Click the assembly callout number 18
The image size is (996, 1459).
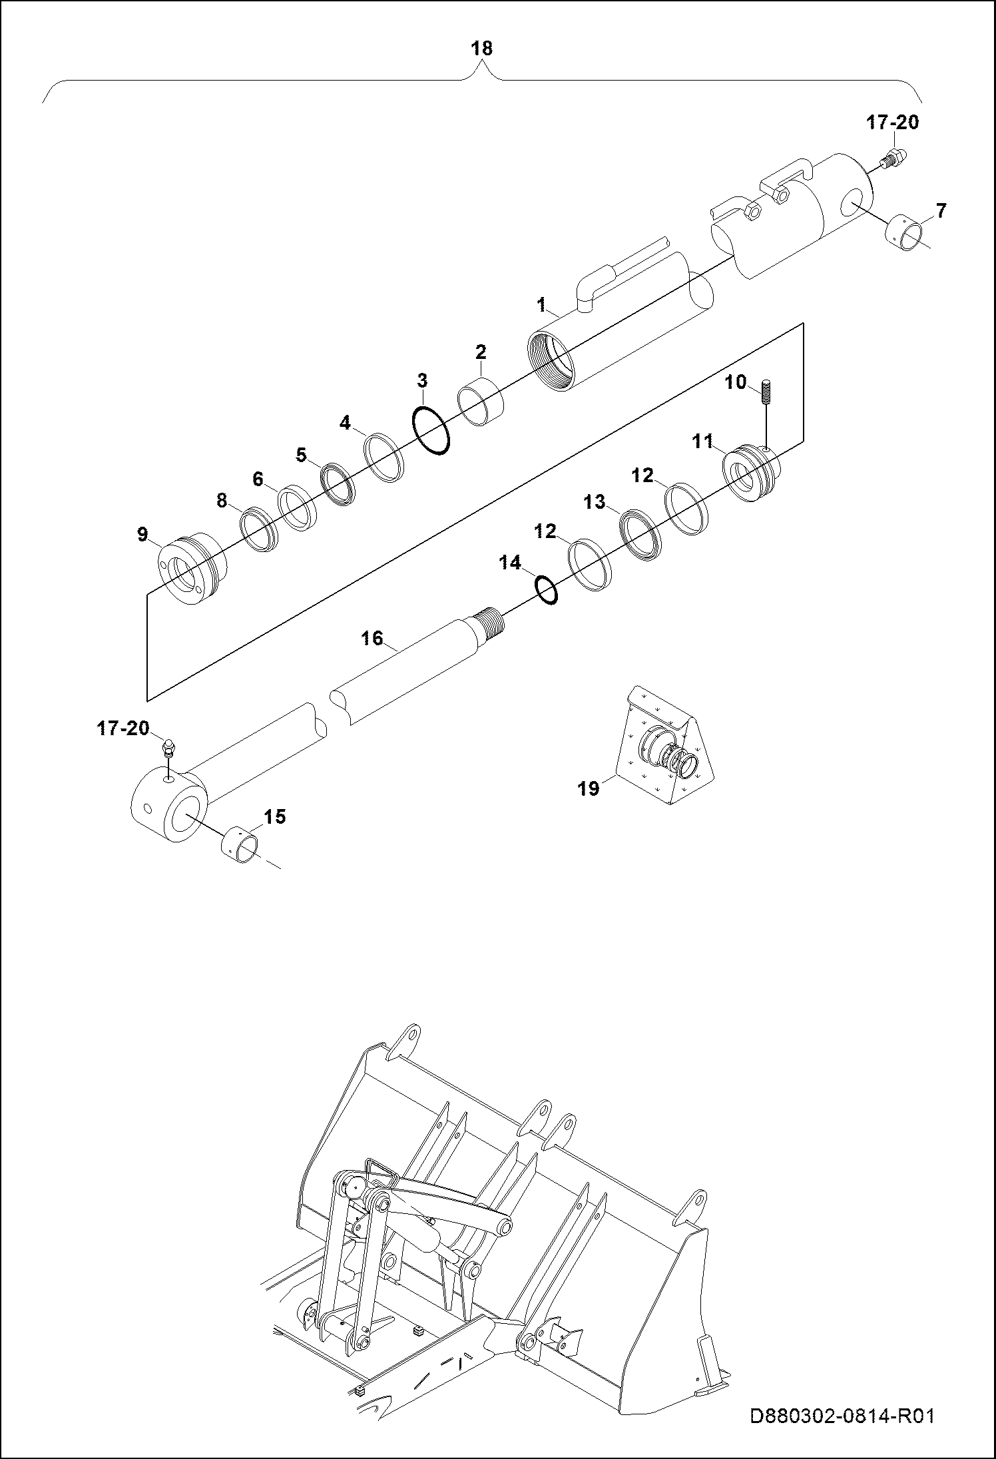(481, 48)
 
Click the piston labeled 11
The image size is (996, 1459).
(751, 472)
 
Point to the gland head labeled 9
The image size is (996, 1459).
(193, 570)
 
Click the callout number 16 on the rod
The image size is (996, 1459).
(372, 638)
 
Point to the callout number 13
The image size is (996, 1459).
(595, 501)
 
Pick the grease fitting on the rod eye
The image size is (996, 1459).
(168, 750)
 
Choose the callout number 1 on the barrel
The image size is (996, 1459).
(541, 304)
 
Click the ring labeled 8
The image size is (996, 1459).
(258, 530)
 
